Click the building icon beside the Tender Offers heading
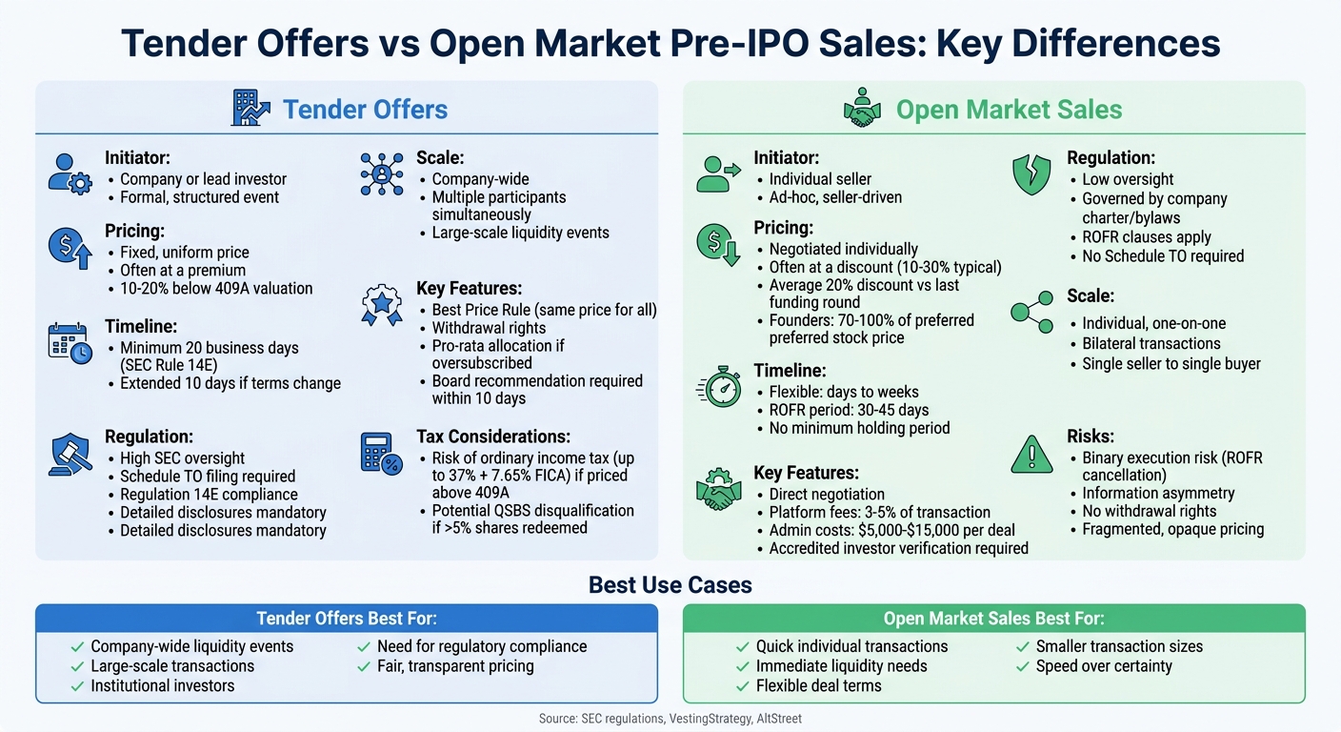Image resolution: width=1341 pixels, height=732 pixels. pos(250,109)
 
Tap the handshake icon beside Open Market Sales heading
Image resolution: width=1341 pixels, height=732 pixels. pos(862,109)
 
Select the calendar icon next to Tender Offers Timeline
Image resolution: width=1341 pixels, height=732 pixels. pos(70,342)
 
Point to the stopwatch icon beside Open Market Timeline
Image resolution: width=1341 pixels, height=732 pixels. pos(719,388)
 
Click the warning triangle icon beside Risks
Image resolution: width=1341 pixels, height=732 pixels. pos(1031,454)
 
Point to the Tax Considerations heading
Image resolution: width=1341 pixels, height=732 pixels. pos(493,437)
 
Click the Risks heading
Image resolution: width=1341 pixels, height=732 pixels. pos(1091,437)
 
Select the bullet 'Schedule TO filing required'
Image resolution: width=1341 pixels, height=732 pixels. pos(208,477)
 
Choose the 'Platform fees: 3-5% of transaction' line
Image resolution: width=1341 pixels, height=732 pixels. pos(879,512)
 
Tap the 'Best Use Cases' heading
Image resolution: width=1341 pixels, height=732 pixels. pos(670,584)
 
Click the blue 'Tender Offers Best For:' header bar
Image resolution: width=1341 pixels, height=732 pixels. pos(347,619)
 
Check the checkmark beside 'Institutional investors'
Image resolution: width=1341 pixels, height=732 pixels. pos(77,685)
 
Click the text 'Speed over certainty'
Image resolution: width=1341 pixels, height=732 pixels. pos(1104,666)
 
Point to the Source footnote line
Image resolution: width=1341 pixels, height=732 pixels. pos(670,718)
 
